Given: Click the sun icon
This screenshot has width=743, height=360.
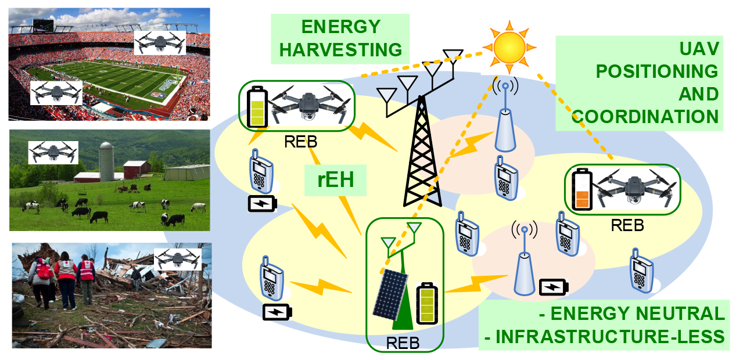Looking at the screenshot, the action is (509, 48).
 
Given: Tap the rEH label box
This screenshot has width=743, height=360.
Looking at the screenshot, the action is (335, 180).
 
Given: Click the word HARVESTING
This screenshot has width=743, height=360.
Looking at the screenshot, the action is (340, 50).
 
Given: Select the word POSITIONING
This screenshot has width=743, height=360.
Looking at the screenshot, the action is (657, 71).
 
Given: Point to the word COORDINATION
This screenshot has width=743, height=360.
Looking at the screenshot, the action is (645, 117).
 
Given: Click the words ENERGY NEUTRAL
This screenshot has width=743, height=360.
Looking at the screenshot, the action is (632, 314).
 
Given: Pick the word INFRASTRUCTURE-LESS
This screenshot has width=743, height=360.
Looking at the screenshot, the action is (604, 337).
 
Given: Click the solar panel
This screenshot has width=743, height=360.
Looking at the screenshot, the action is (390, 295).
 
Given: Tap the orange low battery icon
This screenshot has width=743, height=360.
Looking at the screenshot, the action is (582, 189).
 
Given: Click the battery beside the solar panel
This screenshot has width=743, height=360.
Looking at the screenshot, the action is (427, 303).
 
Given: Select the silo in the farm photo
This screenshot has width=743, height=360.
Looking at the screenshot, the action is (106, 161).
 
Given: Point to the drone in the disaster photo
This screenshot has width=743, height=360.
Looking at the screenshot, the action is (178, 259).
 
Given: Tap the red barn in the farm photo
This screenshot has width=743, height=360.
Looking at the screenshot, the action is (137, 169).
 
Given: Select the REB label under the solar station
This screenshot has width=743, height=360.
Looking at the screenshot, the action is (403, 343).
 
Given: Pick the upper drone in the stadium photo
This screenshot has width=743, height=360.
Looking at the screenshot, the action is (160, 42).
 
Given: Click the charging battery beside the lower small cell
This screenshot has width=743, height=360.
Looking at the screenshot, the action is (554, 287).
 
